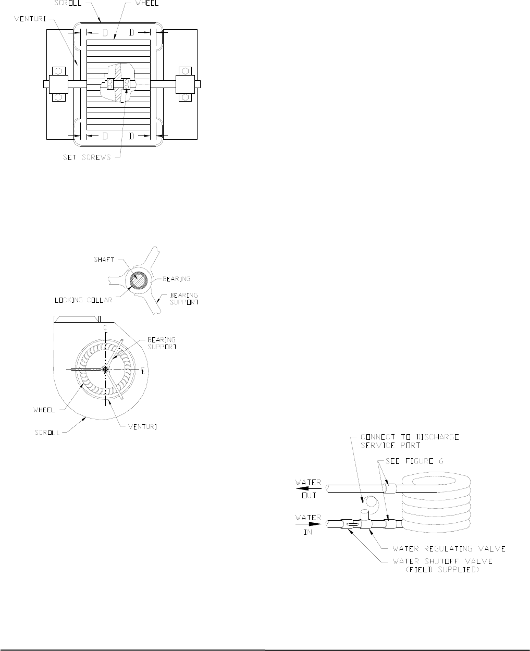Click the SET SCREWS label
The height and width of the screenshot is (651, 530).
point(87,157)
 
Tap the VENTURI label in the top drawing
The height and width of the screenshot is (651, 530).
point(30,19)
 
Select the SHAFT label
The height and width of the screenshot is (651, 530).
point(104,260)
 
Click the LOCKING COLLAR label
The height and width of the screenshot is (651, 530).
point(83,300)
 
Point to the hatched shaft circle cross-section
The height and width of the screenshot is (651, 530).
point(139,280)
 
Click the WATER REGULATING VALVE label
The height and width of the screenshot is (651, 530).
point(449,549)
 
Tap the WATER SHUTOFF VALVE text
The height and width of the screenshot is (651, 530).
point(442,561)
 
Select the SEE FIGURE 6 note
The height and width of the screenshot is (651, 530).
point(414,461)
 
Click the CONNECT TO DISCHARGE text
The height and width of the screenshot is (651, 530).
point(410,437)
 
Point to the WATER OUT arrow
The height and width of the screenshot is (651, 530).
point(308,488)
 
